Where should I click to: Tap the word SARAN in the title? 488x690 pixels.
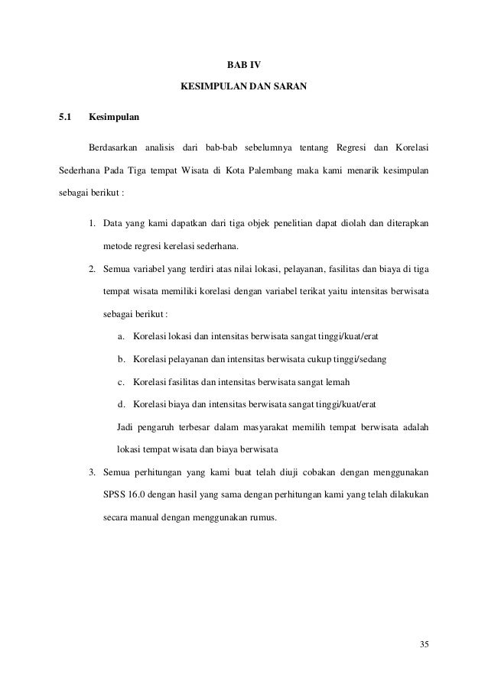point(289,89)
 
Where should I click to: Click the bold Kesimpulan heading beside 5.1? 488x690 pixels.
point(114,118)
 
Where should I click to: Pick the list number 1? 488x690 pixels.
point(91,224)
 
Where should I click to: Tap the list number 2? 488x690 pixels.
point(91,270)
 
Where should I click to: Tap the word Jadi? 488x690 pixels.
point(126,426)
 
